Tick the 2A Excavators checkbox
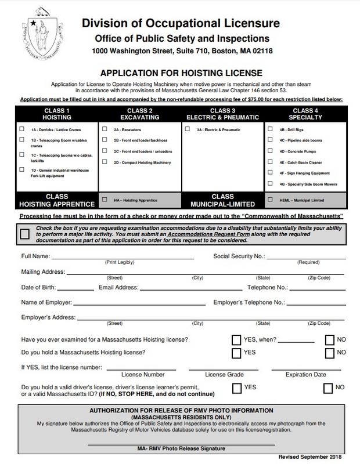pyautogui.click(x=105, y=129)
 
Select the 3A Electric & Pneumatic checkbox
pyautogui.click(x=188, y=129)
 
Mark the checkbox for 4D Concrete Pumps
pyautogui.click(x=271, y=151)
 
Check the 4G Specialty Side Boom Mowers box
pyautogui.click(x=271, y=184)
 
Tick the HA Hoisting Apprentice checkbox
pyautogui.click(x=105, y=200)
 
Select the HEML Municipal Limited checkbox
pyautogui.click(x=271, y=200)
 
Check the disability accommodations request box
pyautogui.click(x=25, y=234)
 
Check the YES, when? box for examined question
pyautogui.click(x=236, y=340)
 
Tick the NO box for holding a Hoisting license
pyautogui.click(x=330, y=353)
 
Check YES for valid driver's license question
pyautogui.click(x=236, y=388)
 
